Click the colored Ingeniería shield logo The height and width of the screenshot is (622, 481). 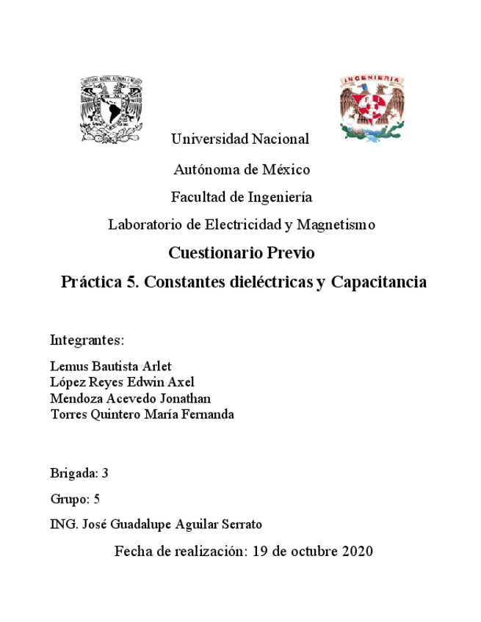372,106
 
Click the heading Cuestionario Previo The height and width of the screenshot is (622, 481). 241,253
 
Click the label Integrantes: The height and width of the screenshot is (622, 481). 87,340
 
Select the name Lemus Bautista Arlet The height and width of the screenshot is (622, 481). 110,366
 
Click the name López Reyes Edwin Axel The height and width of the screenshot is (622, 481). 122,382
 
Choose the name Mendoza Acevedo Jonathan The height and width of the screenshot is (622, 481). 130,398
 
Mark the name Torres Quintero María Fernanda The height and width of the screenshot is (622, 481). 142,414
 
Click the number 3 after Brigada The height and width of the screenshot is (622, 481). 105,473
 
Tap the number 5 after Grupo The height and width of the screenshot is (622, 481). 96,499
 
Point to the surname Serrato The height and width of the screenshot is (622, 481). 239,524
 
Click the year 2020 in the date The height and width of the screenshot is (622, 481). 358,551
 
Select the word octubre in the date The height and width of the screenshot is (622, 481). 313,551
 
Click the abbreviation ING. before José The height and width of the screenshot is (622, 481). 62,524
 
